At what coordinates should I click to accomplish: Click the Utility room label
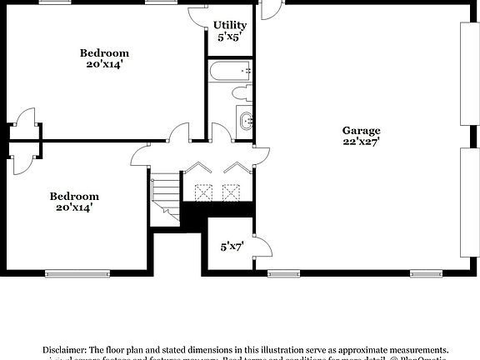coord(229,25)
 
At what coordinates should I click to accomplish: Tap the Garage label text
coord(361,130)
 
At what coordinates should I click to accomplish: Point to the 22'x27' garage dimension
coord(361,142)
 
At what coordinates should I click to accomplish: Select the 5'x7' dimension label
coord(232,246)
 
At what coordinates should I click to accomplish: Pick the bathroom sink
coord(246,122)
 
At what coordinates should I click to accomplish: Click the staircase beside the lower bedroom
coord(165,200)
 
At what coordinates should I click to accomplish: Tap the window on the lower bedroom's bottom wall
coord(77,272)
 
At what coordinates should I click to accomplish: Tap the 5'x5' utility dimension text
coord(229,37)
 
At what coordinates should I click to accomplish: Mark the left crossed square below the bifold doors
coord(202,192)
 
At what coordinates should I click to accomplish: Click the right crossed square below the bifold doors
coord(231,192)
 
